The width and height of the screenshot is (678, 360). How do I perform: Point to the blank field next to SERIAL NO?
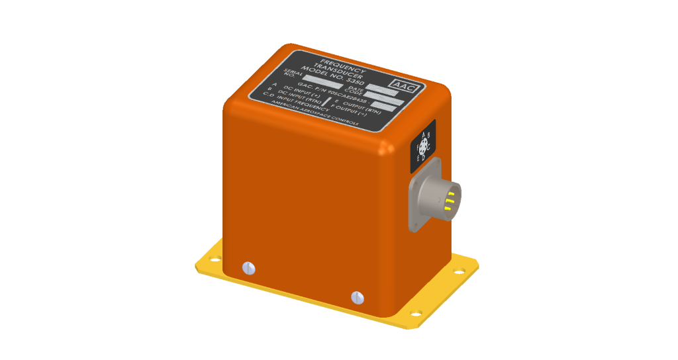(321, 81)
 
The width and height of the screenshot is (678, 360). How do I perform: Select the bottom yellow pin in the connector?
(448, 208)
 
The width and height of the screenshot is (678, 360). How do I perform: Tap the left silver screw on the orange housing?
(249, 267)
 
